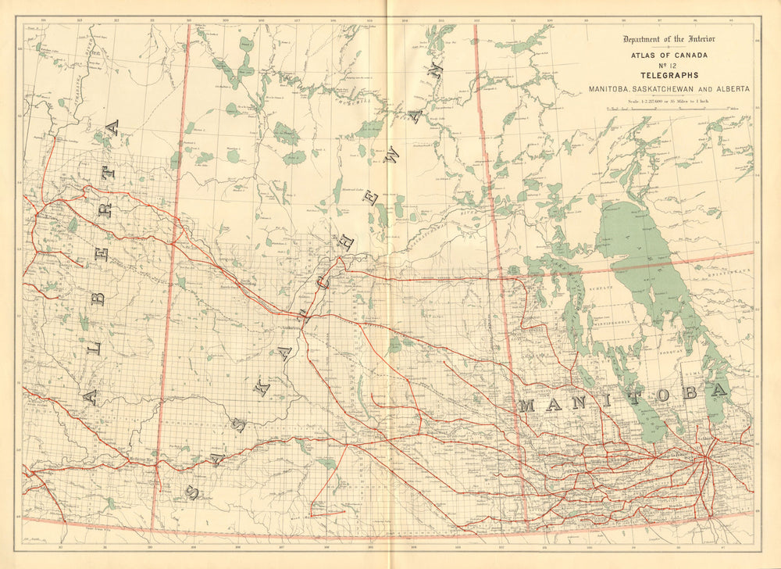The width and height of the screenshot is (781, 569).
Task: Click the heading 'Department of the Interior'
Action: [x=669, y=40]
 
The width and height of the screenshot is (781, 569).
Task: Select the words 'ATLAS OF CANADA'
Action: [x=669, y=55]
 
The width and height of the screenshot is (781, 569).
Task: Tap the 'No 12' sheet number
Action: [x=669, y=66]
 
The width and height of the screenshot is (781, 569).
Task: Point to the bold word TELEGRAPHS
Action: [x=669, y=77]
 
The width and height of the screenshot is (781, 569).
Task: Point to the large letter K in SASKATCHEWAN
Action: [x=264, y=385]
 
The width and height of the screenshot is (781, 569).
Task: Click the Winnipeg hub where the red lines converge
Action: [x=705, y=460]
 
